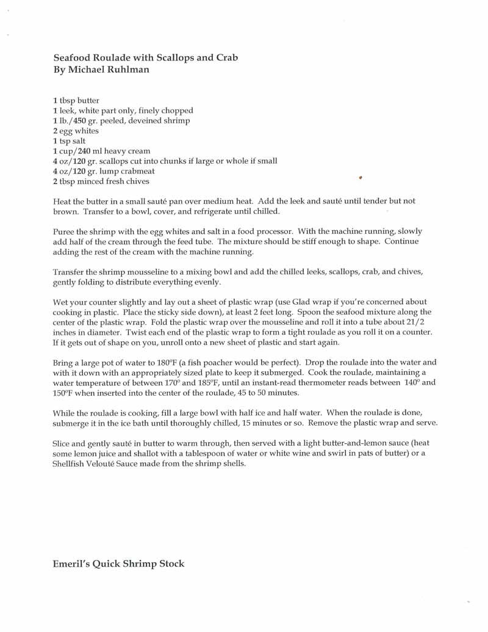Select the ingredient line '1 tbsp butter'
[x=76, y=101]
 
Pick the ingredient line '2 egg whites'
[x=75, y=131]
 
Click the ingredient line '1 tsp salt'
[x=69, y=141]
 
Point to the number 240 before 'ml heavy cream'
[x=85, y=151]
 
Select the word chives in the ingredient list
[x=137, y=181]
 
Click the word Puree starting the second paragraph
[x=63, y=232]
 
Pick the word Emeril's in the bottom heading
[x=70, y=564]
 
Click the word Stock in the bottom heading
[x=171, y=564]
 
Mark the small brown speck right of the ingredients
[x=361, y=178]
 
